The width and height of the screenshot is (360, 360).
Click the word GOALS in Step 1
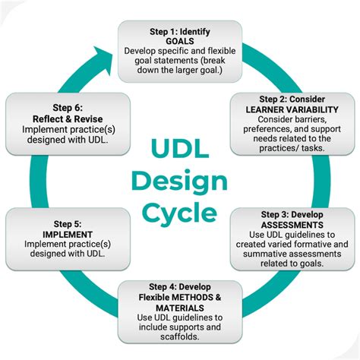click(x=179, y=41)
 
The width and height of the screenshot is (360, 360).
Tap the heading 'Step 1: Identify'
click(x=179, y=31)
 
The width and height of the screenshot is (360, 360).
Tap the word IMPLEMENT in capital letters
click(x=58, y=235)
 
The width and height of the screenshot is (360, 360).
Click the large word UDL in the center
click(x=179, y=147)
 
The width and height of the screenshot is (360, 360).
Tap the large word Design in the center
click(x=179, y=181)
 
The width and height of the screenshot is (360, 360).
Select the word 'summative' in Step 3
click(x=267, y=254)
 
